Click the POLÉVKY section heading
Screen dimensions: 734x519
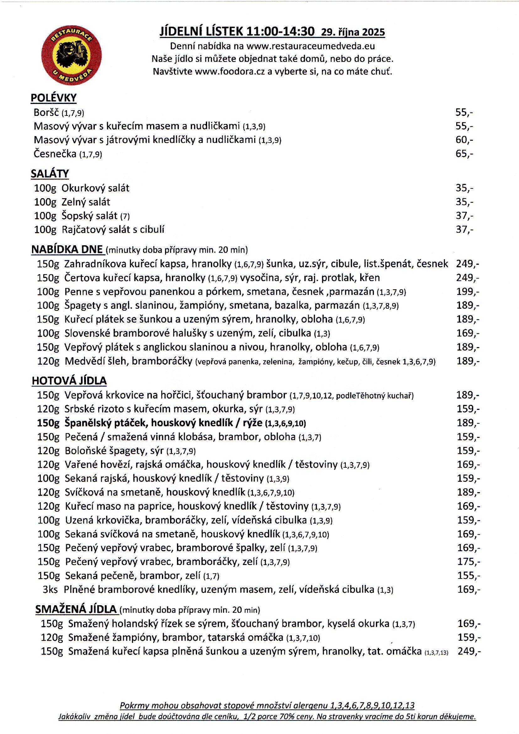(53, 98)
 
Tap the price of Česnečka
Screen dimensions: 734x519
(464, 154)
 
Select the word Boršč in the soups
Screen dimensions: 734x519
(46, 112)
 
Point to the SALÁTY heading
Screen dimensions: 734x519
(50, 173)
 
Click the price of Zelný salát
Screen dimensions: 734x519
(464, 202)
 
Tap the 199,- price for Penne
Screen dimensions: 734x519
(468, 291)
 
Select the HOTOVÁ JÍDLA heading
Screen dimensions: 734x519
(69, 380)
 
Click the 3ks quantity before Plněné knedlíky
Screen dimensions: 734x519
(50, 590)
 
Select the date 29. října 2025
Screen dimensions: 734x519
(353, 32)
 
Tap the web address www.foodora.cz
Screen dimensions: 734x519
(230, 71)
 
